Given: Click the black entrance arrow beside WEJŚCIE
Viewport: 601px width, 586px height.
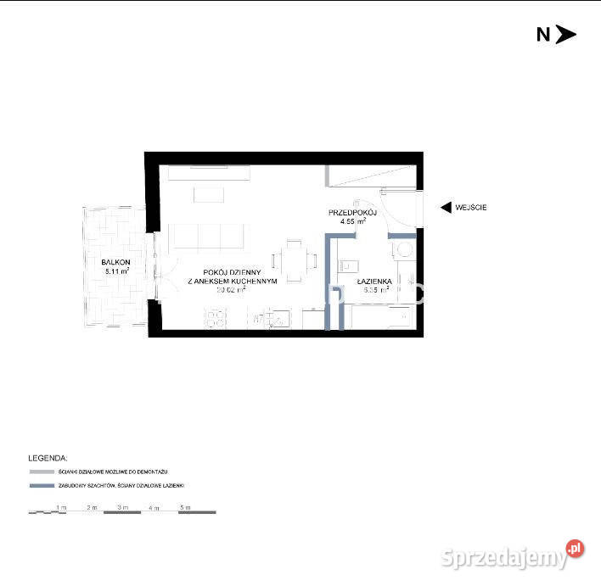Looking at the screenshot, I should pyautogui.click(x=444, y=207).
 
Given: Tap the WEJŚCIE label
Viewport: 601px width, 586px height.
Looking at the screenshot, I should pyautogui.click(x=472, y=207).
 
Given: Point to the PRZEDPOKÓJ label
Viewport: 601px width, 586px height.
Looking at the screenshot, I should pyautogui.click(x=352, y=211).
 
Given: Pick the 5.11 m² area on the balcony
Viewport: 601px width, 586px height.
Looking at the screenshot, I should pyautogui.click(x=116, y=272).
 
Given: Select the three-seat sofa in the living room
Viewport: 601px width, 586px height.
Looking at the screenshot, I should pyautogui.click(x=208, y=236).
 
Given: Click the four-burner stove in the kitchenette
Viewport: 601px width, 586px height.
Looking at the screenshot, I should pyautogui.click(x=215, y=319).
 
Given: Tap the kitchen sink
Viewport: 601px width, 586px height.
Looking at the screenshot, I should pyautogui.click(x=273, y=319).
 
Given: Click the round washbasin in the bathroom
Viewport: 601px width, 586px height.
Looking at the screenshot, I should pyautogui.click(x=403, y=250).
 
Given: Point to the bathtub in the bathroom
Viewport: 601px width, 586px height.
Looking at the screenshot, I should pyautogui.click(x=381, y=317).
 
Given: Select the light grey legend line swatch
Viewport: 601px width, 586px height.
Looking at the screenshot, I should pyautogui.click(x=41, y=471).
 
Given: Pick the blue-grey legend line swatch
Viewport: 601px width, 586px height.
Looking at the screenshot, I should pyautogui.click(x=41, y=486).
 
